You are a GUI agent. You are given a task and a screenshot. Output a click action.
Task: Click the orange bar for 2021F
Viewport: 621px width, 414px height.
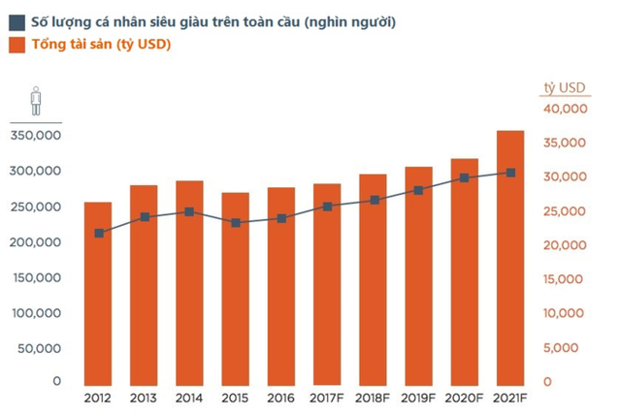pos(510,257)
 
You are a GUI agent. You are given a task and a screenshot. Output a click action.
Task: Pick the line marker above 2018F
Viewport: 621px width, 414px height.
pos(374,200)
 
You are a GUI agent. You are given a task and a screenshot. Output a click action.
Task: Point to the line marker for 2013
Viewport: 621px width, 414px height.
pos(145,217)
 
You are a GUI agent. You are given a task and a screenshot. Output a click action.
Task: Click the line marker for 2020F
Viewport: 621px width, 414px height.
pos(465,177)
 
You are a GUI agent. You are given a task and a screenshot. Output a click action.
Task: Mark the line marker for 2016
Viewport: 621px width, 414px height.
pos(281,218)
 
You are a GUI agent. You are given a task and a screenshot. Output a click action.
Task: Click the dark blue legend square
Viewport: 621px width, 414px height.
pos(17,20)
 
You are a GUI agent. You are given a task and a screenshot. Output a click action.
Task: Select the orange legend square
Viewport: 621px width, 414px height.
pos(17,44)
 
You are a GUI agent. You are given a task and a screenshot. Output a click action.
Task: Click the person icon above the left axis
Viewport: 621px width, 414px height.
pos(35,100)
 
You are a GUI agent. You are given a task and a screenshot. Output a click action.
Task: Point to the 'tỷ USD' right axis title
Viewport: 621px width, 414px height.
pos(564,88)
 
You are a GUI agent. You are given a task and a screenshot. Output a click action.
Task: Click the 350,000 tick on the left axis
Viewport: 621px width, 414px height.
pos(37,136)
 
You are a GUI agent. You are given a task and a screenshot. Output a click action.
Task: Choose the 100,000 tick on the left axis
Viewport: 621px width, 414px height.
pos(37,311)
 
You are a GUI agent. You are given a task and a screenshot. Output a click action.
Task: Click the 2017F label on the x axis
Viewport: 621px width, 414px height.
pos(327,398)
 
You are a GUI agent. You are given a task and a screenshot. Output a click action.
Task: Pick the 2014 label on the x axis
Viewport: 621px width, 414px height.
pos(189,398)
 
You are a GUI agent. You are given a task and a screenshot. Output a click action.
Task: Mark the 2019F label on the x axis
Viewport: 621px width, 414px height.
pos(419,398)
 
